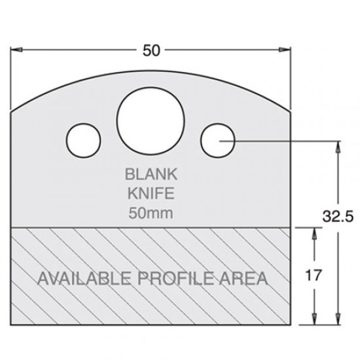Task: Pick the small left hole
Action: point(84,139)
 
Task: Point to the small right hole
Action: point(218,139)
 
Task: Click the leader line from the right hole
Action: point(281,139)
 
